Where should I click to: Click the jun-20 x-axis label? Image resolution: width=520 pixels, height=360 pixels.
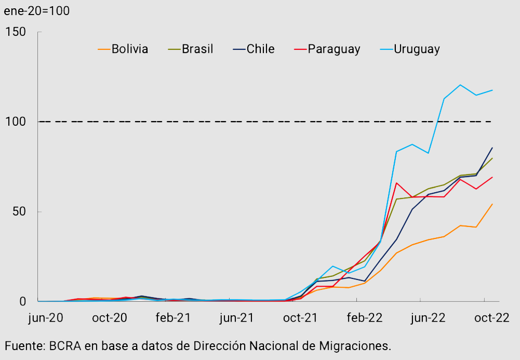45,318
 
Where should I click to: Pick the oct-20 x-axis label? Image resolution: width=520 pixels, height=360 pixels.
110,318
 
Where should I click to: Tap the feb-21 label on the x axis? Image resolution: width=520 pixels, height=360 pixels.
174,318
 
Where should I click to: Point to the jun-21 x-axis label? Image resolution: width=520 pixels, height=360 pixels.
237,318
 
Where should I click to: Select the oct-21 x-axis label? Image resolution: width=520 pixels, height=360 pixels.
301,318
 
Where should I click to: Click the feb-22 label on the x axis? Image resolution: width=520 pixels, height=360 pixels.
365,318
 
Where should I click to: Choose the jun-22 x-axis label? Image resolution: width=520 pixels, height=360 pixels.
428,318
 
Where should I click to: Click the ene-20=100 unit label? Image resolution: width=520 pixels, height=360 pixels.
36,10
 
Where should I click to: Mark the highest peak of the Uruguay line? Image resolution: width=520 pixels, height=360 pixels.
460,85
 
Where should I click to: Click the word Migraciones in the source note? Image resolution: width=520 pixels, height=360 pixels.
357,345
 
